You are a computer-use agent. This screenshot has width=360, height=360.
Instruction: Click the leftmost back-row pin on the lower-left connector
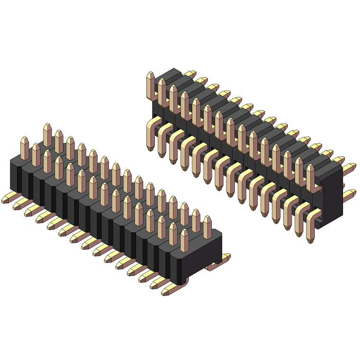47,135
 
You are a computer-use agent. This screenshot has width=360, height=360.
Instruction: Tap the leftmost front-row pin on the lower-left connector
25,148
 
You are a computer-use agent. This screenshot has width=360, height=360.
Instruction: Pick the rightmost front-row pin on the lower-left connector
184,240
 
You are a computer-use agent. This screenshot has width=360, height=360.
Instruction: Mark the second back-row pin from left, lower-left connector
59,141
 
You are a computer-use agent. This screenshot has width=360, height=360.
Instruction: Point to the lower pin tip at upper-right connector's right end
350,194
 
